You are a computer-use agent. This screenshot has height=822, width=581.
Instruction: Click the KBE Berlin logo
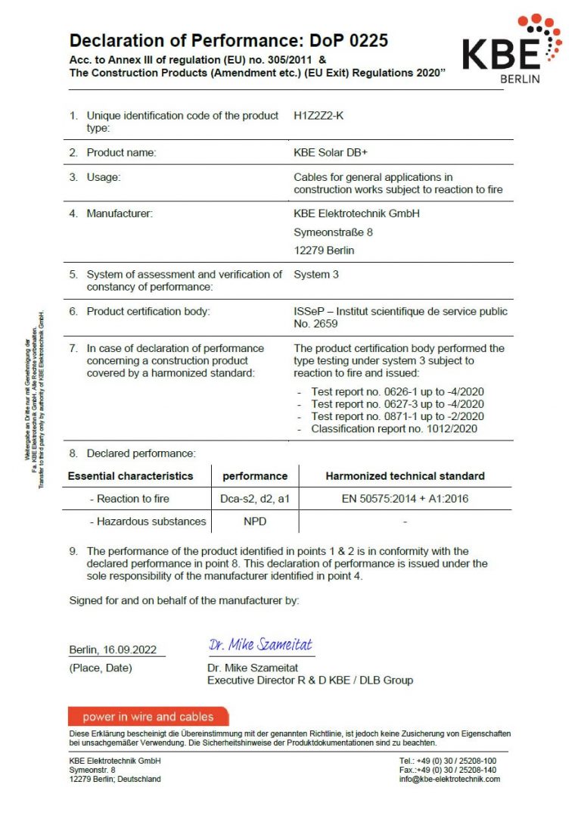pyautogui.click(x=511, y=48)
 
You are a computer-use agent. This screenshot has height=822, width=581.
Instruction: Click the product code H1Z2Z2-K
pyautogui.click(x=323, y=116)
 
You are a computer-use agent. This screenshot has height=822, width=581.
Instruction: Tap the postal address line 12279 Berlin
pyautogui.click(x=324, y=250)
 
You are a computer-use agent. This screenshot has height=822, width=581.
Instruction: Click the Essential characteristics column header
pyautogui.click(x=130, y=476)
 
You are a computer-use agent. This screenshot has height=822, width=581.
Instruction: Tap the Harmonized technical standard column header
pyautogui.click(x=405, y=476)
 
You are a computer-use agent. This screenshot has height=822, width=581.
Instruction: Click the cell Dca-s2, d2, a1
pyautogui.click(x=255, y=499)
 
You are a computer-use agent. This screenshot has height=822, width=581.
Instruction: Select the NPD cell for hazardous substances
pyautogui.click(x=254, y=522)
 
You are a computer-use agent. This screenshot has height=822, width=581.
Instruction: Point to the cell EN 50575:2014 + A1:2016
pyautogui.click(x=405, y=499)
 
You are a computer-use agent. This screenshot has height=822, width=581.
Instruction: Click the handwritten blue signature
pyautogui.click(x=260, y=645)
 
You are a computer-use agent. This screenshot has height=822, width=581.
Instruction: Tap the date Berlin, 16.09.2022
pyautogui.click(x=113, y=649)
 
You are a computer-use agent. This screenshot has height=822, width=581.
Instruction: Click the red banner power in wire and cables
pyautogui.click(x=148, y=717)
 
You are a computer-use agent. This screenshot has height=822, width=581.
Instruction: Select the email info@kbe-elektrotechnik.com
pyautogui.click(x=449, y=779)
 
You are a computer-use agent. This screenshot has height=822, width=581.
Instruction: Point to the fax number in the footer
pyautogui.click(x=448, y=770)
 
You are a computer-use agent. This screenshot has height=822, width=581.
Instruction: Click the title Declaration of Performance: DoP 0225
pyautogui.click(x=228, y=40)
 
